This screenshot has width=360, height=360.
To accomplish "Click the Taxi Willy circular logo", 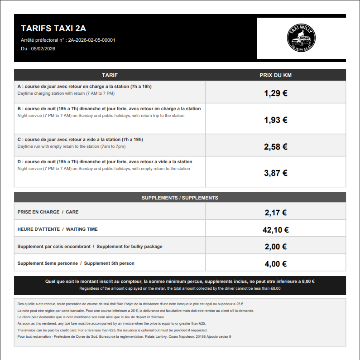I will (302, 38).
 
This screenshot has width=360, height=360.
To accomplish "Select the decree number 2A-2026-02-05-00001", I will (91, 40).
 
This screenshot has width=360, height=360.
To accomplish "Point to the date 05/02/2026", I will (43, 49).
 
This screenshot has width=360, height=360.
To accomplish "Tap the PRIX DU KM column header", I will (275, 75).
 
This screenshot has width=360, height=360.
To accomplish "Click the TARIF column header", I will (110, 75).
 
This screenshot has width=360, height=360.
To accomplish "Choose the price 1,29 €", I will (275, 93).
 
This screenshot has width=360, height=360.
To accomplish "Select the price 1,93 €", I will (275, 120).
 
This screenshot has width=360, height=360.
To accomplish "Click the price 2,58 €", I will (275, 147).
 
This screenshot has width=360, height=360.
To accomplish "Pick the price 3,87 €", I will (275, 173).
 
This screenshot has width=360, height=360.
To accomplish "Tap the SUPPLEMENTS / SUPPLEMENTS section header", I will (180, 198).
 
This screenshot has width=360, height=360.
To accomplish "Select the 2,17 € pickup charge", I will (275, 212).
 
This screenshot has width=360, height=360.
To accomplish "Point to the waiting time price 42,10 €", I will (275, 230).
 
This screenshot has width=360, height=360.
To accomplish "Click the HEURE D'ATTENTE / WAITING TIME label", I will (58, 229).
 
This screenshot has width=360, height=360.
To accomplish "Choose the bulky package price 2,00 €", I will (275, 247).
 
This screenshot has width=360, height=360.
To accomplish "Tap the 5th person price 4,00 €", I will (275, 264).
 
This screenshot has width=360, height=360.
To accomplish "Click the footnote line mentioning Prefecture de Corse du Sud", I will (124, 336).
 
